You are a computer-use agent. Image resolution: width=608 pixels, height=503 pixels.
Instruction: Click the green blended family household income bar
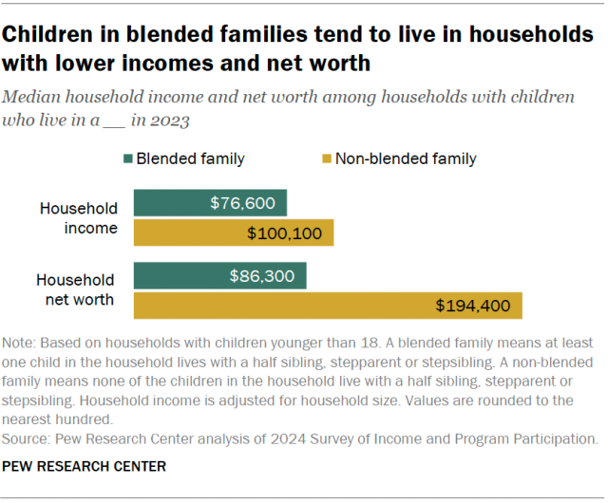tap(209, 203)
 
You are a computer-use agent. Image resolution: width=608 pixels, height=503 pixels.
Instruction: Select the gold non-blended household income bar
tap(233, 233)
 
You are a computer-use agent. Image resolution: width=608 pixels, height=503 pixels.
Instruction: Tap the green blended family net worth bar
tap(219, 276)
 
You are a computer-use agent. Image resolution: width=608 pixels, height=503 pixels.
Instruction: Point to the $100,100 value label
tap(284, 233)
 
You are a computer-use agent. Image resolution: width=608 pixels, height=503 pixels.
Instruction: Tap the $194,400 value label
tap(473, 306)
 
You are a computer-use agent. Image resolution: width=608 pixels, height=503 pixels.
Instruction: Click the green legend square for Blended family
tap(125, 158)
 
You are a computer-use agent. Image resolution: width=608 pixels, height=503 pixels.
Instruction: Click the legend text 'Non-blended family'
tap(407, 158)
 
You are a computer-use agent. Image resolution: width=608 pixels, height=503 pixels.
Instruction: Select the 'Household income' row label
tap(79, 217)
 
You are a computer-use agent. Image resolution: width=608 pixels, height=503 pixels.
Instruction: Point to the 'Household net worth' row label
tap(76, 289)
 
